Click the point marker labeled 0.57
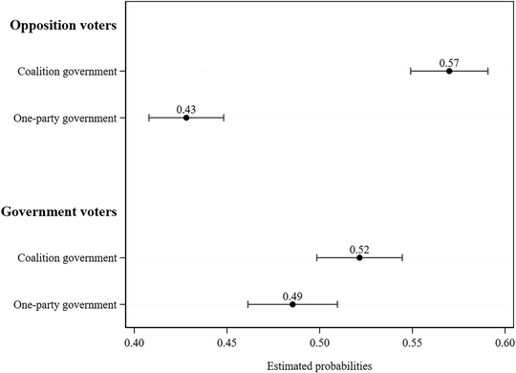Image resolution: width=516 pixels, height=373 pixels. [449, 71]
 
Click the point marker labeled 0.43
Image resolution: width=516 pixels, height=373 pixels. [186, 118]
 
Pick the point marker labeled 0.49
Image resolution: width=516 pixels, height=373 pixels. [292, 304]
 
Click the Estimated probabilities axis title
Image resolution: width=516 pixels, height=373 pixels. [319, 364]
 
